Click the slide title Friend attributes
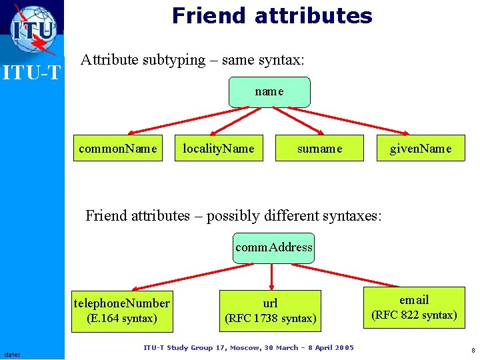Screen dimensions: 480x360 pos(272,15)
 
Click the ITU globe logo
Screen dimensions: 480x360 pos(33,27)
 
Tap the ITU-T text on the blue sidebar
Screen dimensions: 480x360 pos(31,71)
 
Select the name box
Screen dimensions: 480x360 pos(269,92)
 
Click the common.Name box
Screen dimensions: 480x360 pos(118,149)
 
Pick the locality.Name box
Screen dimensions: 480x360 pos(219,149)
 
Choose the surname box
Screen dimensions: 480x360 pos(320,149)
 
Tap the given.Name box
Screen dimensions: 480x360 pos(421,149)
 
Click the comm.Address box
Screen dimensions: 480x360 pos(273,247)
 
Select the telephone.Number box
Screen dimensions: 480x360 pos(122,310)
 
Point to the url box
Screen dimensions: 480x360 pos(270,310)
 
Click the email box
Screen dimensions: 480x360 pos(414,307)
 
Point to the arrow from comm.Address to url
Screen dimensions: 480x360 pos(272,276)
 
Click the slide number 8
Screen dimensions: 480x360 pos(473,350)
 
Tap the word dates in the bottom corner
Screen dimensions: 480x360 pos(12,353)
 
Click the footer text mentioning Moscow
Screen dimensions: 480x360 pos(249,347)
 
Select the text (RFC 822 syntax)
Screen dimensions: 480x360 pos(414,315)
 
